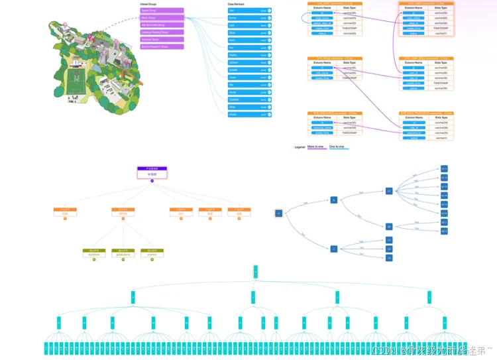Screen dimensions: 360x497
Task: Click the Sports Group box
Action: click(x=162, y=11)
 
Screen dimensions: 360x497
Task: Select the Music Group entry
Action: click(x=162, y=18)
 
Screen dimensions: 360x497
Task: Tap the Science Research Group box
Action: click(x=162, y=47)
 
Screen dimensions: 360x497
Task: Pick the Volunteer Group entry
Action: click(x=162, y=40)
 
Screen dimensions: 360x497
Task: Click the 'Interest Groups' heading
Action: click(x=148, y=4)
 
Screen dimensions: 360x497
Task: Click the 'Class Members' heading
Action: click(x=236, y=4)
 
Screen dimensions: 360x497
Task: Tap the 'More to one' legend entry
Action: click(x=317, y=146)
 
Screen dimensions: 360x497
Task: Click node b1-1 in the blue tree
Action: click(x=444, y=168)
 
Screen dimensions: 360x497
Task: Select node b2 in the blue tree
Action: click(x=389, y=227)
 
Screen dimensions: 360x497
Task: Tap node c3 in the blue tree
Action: click(x=389, y=257)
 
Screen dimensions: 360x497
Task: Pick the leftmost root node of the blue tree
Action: click(x=278, y=213)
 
